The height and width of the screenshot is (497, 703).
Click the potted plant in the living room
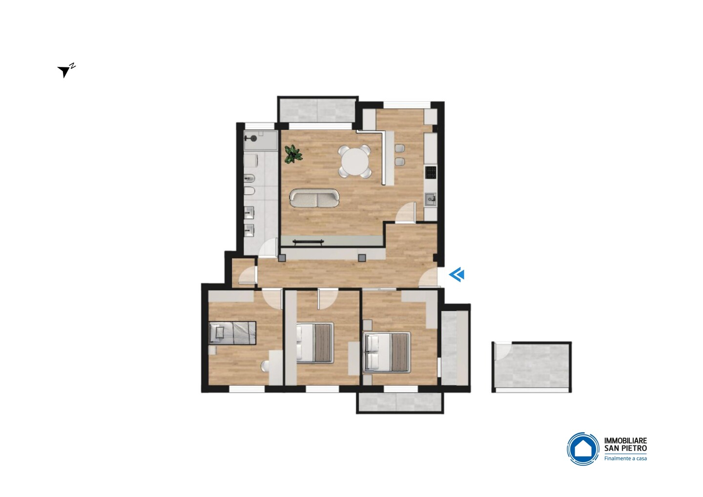[x=293, y=154]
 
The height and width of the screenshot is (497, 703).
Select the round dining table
[x=354, y=162]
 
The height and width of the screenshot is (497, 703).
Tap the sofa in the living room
[x=314, y=198]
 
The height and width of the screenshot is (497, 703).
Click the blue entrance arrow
[x=456, y=274]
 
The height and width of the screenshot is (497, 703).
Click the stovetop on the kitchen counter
[x=431, y=172]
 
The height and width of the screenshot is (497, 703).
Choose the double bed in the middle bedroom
[x=315, y=343]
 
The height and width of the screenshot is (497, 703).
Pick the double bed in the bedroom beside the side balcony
[x=387, y=352]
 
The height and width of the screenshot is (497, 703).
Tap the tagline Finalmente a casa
[x=625, y=458]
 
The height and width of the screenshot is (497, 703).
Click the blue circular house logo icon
[x=583, y=449]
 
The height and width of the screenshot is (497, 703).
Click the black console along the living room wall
[x=308, y=242]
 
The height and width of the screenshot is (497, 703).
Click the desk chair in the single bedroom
[x=265, y=366]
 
